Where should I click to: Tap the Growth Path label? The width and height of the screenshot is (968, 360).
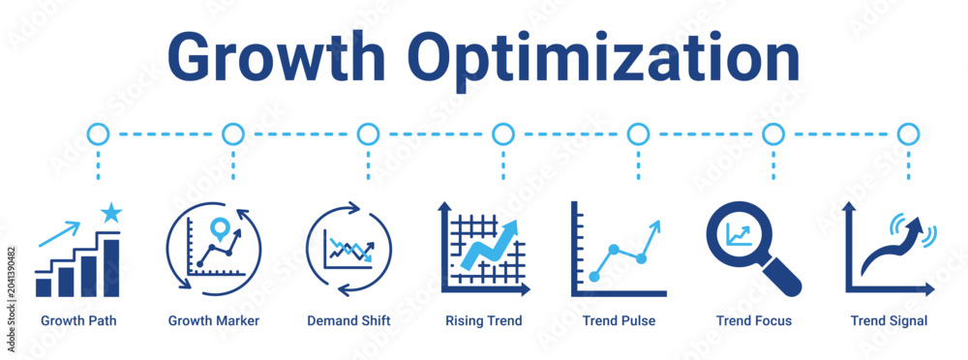tap(78, 320)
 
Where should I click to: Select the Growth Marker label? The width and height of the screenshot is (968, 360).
tap(214, 320)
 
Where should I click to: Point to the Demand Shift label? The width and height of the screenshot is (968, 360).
tap(348, 320)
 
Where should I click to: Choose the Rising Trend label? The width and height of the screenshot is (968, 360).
tap(484, 321)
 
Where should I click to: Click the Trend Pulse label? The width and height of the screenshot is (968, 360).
tap(620, 320)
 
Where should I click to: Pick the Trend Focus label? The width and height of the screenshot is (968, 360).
tap(754, 320)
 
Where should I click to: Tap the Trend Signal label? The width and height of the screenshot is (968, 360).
tap(889, 321)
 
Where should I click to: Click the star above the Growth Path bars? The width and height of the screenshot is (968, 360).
tap(111, 212)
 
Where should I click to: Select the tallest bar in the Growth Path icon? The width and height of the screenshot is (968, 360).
tap(111, 267)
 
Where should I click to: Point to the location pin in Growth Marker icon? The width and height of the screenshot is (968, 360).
tap(218, 228)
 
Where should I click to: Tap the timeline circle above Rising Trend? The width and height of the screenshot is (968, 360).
tap(503, 134)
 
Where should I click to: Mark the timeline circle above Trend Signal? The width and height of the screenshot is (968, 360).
tap(908, 134)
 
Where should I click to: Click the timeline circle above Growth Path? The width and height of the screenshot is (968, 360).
tap(98, 134)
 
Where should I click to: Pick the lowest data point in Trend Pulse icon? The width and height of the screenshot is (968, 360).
tap(594, 277)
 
